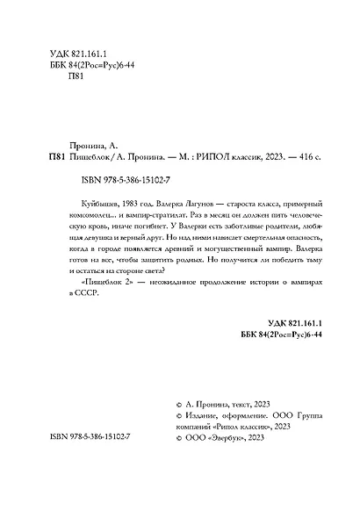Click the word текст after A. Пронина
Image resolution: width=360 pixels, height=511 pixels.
coord(242,422)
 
